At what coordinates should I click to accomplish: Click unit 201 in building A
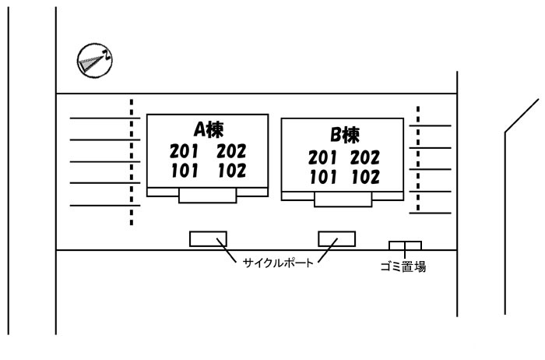(x=184, y=151)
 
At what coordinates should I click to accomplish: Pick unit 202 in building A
(x=231, y=151)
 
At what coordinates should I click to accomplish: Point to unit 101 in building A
(x=184, y=170)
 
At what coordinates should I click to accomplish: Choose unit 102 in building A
(x=231, y=170)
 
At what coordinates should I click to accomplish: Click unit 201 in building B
(x=322, y=157)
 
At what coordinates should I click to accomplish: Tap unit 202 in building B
(x=365, y=157)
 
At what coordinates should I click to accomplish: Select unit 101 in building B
(x=322, y=177)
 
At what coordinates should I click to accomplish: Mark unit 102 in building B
(x=365, y=177)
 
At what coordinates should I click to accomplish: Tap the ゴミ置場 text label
(x=403, y=266)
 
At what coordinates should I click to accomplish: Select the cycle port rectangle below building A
(x=208, y=238)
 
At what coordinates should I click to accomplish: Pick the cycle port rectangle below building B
(x=336, y=238)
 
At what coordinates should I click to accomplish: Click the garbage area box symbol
(x=405, y=245)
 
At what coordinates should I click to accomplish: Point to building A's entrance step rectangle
(x=207, y=195)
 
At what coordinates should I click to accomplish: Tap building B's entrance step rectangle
(x=343, y=199)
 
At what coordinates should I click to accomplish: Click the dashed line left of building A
(x=132, y=161)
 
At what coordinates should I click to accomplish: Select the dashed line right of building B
(x=419, y=159)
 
